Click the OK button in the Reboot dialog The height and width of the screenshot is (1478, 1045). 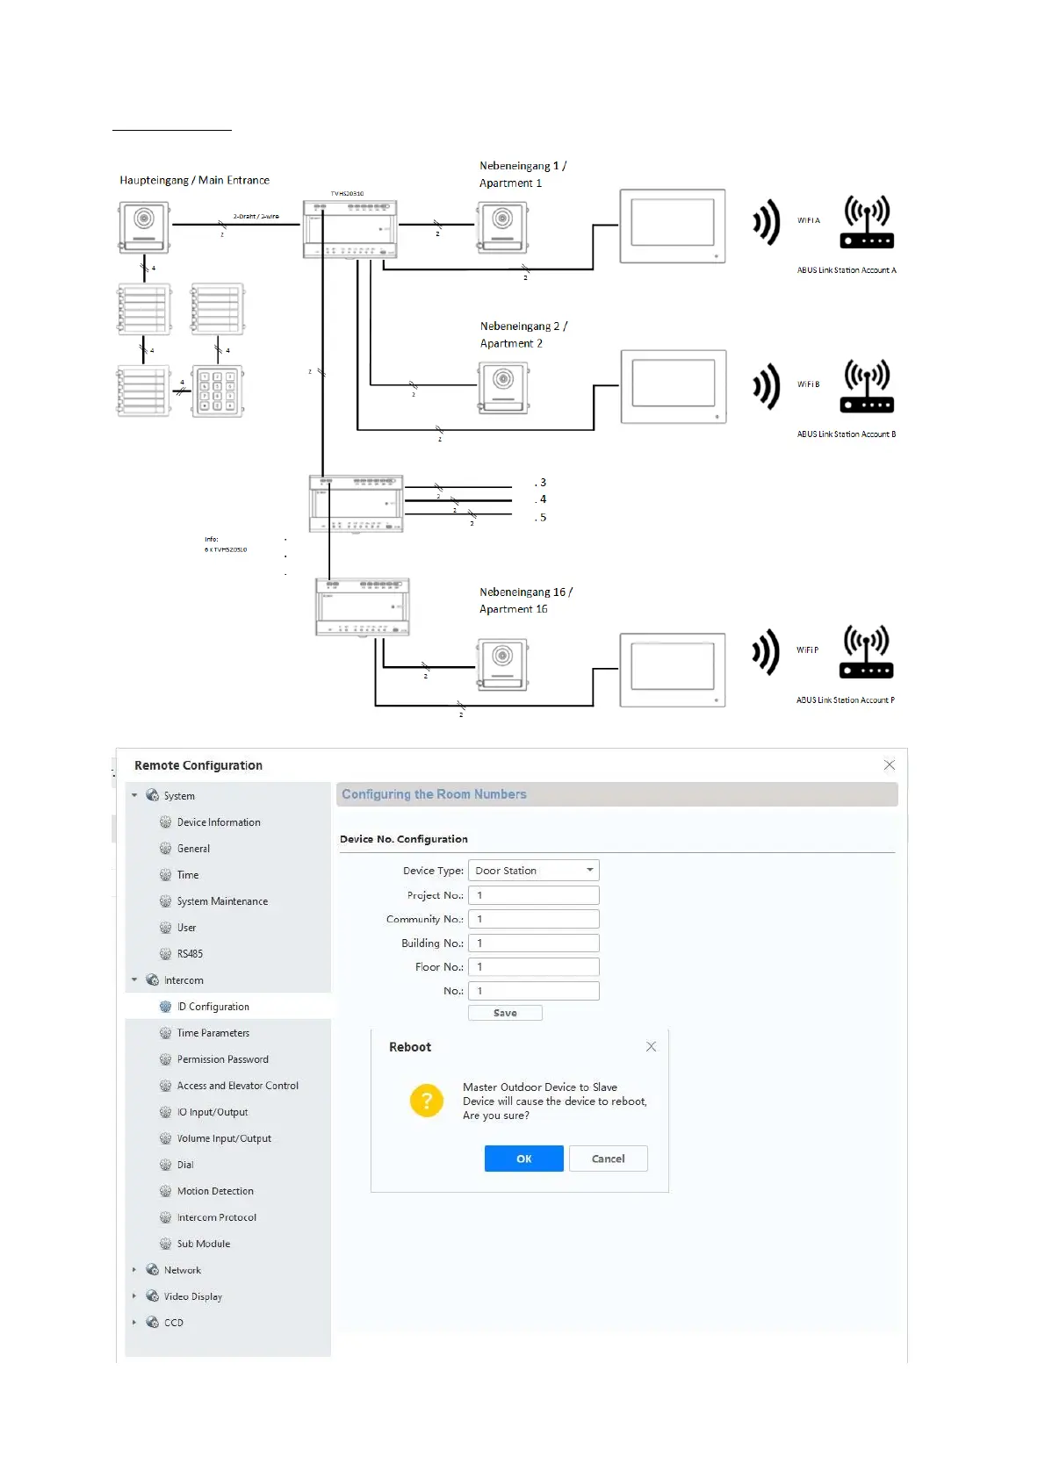tap(523, 1159)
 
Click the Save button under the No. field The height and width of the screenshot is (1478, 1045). tap(505, 1013)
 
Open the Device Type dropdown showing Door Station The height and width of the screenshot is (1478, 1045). tap(533, 871)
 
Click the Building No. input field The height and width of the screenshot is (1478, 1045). tap(533, 943)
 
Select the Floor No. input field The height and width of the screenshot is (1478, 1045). tap(533, 966)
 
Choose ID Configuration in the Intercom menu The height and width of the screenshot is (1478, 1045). tap(213, 1007)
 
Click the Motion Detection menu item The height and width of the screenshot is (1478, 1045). tap(215, 1191)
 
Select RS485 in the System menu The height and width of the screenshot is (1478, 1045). tap(190, 954)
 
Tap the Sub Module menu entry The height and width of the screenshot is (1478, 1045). tap(204, 1244)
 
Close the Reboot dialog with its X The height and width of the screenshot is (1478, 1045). tap(651, 1046)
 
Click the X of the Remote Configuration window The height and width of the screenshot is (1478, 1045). tap(889, 765)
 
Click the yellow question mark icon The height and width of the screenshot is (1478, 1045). tap(427, 1100)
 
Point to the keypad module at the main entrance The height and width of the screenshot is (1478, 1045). tap(217, 391)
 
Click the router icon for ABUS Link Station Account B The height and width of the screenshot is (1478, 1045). tap(867, 386)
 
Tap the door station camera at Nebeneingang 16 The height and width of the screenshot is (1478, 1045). tap(502, 665)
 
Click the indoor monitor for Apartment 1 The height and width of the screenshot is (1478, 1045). tap(673, 226)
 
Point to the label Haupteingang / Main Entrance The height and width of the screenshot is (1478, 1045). tap(195, 180)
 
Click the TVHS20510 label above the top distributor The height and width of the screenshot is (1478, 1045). tap(347, 193)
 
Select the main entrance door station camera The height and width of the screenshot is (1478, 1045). tap(144, 226)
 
